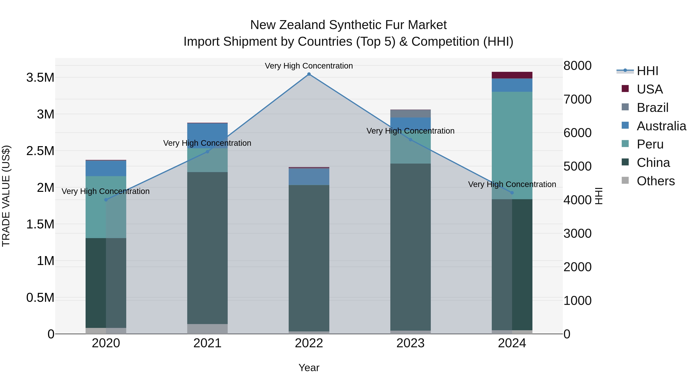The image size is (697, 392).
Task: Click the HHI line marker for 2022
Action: [x=309, y=74]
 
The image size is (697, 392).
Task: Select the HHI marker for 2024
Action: [x=512, y=193]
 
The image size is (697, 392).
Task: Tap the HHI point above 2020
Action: [x=106, y=200]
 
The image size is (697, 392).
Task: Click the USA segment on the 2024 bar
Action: [x=512, y=75]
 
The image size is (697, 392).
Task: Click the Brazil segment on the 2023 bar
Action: [x=410, y=114]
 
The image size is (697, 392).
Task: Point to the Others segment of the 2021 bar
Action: [x=207, y=329]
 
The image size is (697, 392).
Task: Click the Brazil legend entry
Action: [x=652, y=108]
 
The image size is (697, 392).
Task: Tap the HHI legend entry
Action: [x=647, y=71]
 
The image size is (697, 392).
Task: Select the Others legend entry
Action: [x=655, y=181]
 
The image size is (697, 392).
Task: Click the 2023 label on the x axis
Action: [x=410, y=343]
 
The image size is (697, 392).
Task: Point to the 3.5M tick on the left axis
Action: [x=40, y=78]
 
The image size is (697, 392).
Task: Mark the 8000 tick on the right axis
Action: [x=577, y=66]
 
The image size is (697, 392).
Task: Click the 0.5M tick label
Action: [x=40, y=298]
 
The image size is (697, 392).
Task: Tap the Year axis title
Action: [x=309, y=368]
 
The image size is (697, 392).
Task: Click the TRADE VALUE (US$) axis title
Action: [x=6, y=196]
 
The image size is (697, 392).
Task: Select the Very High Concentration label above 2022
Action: [x=309, y=66]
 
